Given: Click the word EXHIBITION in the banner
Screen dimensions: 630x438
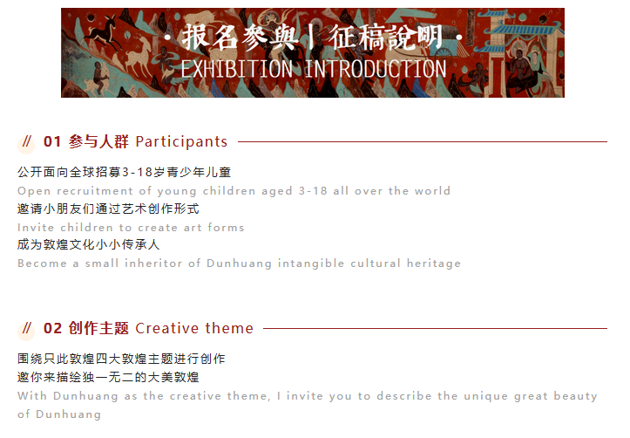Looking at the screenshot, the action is [237, 69].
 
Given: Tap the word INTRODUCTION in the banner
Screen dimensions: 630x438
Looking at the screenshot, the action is [376, 69].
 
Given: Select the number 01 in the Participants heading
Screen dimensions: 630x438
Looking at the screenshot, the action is [52, 141].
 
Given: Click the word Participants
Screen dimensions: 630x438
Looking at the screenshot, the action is [181, 142].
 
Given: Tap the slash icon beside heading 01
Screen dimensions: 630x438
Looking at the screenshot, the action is [26, 141].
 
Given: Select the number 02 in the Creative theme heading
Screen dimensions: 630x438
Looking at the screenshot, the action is [52, 328].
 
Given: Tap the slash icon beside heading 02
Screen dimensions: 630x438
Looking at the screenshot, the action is [26, 328].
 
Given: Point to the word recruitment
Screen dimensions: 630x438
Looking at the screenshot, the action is [94, 191].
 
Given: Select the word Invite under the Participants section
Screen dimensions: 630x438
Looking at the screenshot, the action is [36, 227].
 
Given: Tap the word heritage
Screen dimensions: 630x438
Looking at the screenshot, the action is [434, 263].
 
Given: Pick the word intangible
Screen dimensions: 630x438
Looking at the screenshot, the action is [311, 263].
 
